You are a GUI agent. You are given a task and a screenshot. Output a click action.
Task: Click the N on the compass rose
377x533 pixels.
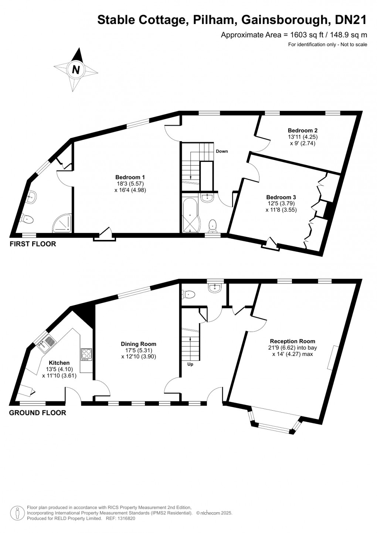point(76,69)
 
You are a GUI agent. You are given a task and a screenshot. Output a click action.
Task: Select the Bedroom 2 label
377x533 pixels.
point(302,130)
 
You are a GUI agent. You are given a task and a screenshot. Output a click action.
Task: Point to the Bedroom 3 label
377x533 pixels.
point(281,197)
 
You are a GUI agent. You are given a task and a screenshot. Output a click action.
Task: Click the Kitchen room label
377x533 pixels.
point(59,363)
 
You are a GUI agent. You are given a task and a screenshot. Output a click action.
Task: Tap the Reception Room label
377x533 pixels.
point(292,341)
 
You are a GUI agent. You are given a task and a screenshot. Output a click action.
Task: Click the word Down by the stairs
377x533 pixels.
point(222,151)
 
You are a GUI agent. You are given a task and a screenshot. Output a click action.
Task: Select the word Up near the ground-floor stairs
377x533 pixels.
point(190,364)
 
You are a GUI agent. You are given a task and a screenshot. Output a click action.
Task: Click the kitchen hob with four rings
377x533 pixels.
point(86,354)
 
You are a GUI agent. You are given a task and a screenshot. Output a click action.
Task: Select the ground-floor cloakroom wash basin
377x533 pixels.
point(215,288)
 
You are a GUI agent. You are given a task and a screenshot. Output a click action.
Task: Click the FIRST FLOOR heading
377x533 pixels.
point(33,244)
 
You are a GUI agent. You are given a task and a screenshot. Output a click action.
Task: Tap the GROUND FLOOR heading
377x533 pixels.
point(37,413)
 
